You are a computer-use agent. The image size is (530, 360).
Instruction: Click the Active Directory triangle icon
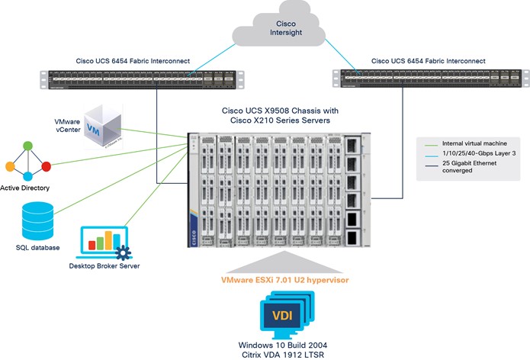coord(27,162)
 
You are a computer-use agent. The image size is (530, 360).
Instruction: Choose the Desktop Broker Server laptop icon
coord(107,243)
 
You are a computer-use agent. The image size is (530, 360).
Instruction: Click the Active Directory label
coord(27,188)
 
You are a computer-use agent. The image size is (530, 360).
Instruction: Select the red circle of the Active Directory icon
coord(47,166)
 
